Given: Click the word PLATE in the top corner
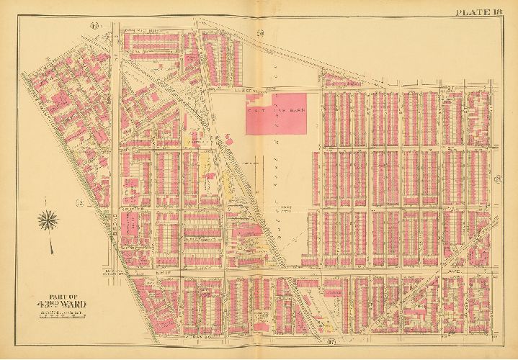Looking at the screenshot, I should point(472,10).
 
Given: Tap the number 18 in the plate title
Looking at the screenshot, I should point(502,10).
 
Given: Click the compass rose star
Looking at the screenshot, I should point(51,220).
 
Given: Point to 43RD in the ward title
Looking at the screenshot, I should point(51,303).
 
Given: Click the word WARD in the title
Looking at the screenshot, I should point(77,303).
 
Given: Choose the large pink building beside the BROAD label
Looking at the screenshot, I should point(130,234).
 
